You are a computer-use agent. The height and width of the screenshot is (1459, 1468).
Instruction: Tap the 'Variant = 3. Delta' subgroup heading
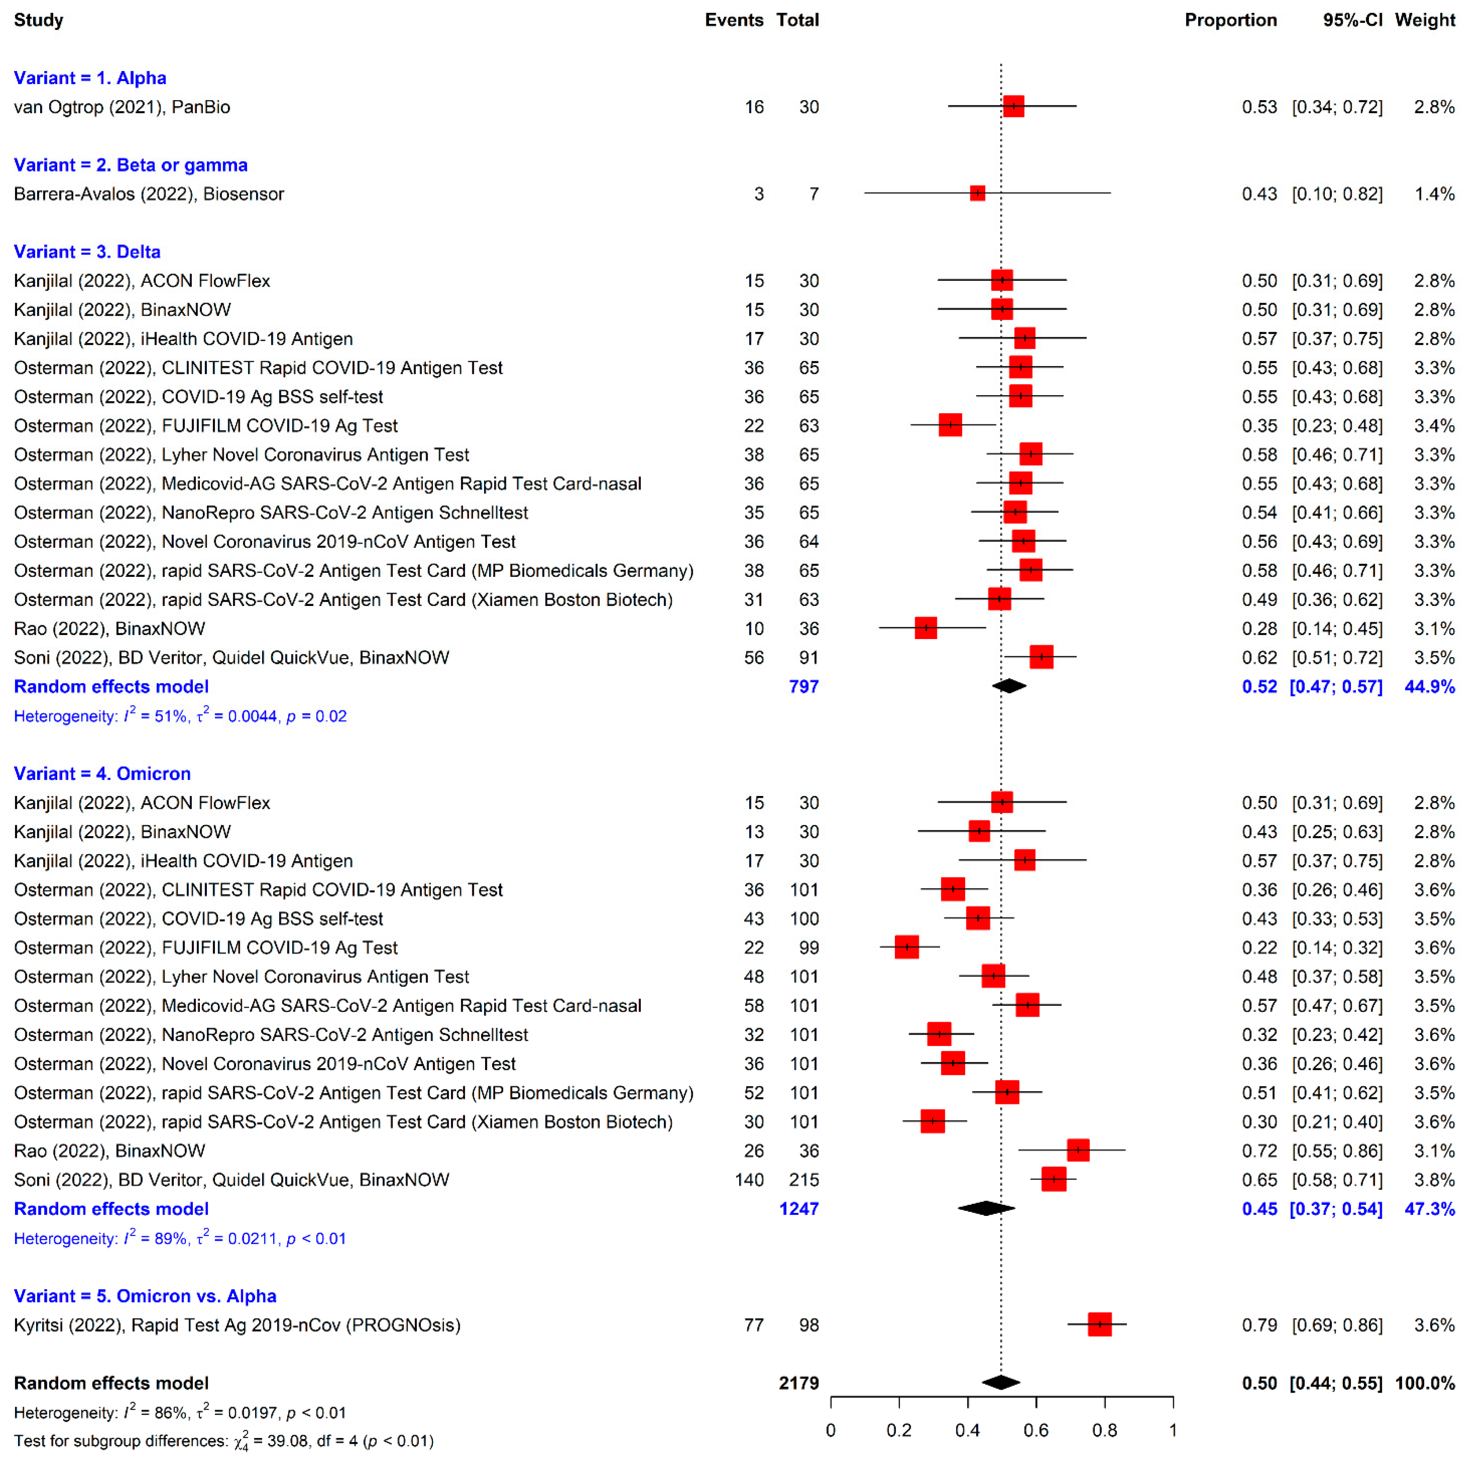click(87, 252)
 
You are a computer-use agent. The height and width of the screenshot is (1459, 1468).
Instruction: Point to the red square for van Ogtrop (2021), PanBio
click(1013, 106)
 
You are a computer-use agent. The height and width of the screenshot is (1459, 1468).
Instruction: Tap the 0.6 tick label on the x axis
click(1035, 1430)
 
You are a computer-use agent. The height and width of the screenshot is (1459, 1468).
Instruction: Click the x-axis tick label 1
click(1172, 1430)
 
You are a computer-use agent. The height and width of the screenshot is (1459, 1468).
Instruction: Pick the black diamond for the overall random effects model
click(1001, 1382)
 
